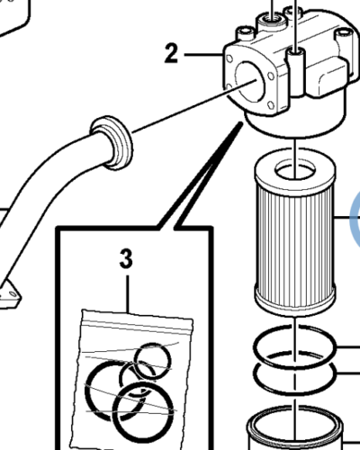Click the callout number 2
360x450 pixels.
tap(171, 54)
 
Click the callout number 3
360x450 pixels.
tap(126, 259)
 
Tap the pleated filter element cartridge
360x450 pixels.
tap(295, 231)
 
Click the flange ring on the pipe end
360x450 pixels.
tap(112, 142)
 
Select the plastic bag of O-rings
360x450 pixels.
tap(131, 381)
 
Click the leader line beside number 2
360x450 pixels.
tap(203, 55)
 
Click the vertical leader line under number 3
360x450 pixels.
tap(128, 294)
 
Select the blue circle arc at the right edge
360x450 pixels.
tap(354, 218)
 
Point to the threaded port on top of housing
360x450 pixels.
tap(271, 22)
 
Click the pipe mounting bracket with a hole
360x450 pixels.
tap(10, 295)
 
